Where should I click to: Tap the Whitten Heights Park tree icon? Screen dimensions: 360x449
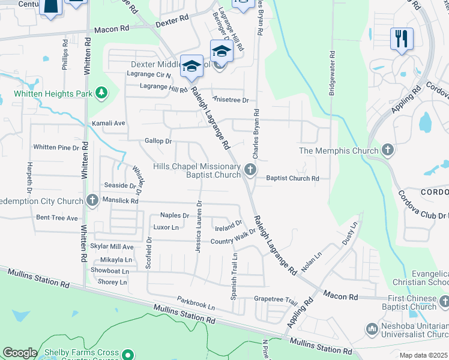(102, 92)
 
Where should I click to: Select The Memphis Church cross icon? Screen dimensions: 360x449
(388, 150)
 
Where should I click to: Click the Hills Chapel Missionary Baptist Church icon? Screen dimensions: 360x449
(250, 170)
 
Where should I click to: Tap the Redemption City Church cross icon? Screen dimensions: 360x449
(92, 199)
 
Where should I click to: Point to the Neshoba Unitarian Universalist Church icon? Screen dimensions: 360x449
(370, 329)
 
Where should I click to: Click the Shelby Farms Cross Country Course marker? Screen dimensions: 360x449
(127, 354)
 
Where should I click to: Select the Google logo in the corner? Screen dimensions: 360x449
(20, 353)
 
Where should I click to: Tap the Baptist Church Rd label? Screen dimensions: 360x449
(292, 178)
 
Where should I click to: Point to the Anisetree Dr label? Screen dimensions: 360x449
(231, 100)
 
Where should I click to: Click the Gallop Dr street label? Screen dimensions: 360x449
(158, 141)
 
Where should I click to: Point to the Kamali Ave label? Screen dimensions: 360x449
(108, 123)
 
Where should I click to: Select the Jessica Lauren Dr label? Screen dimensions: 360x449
(198, 226)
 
